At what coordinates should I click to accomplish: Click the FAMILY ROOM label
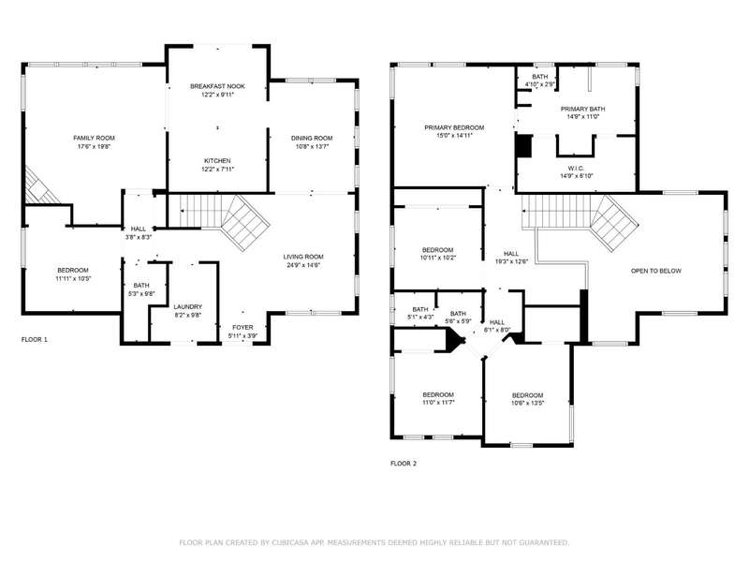point(95,138)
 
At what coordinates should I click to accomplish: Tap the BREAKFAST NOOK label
point(217,86)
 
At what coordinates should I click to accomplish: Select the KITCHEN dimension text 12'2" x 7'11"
point(217,170)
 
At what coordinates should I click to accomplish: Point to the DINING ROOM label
point(312,138)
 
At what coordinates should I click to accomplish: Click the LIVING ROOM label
point(303,257)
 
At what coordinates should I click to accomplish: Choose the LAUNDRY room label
point(188,307)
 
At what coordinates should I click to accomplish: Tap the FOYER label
point(242,327)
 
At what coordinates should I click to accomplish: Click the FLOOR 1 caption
point(35,340)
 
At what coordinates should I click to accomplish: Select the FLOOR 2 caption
point(404,464)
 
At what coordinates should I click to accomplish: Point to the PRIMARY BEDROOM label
point(454,127)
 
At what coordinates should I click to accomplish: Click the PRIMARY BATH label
point(582,109)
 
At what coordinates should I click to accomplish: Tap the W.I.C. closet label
point(576,169)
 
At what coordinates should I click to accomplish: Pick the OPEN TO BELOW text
point(656,271)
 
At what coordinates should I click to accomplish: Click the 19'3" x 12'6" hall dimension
point(511,261)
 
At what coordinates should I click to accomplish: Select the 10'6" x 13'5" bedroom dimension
point(528,403)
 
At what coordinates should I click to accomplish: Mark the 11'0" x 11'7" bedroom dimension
point(438,403)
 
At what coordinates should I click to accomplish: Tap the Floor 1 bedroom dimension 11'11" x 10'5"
point(73,278)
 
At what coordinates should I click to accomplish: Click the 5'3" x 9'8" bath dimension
point(141,294)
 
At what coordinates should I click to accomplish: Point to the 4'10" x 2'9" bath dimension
point(540,84)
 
